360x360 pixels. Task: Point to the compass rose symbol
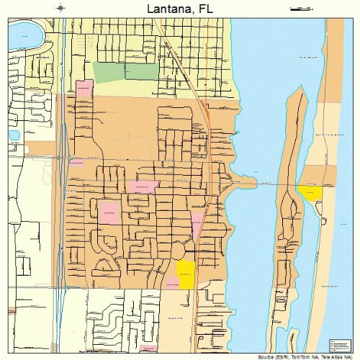[x=60, y=8]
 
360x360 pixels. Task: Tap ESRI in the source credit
[x=286, y=356]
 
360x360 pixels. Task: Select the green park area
[x=119, y=73]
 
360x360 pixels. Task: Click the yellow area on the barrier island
[x=310, y=194]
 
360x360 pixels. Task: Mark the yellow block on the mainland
[x=186, y=274]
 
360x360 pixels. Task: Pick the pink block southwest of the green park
[x=85, y=89]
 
